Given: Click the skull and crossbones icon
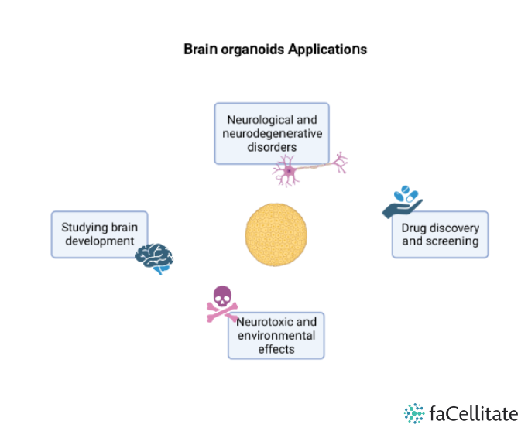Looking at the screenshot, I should (x=222, y=303).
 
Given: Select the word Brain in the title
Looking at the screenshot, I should (x=200, y=49).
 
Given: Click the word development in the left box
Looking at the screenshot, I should (x=99, y=241).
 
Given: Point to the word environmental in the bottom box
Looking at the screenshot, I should (x=276, y=335).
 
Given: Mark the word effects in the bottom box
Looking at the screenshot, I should (x=276, y=348).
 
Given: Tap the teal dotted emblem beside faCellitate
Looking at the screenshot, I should (x=414, y=413).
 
